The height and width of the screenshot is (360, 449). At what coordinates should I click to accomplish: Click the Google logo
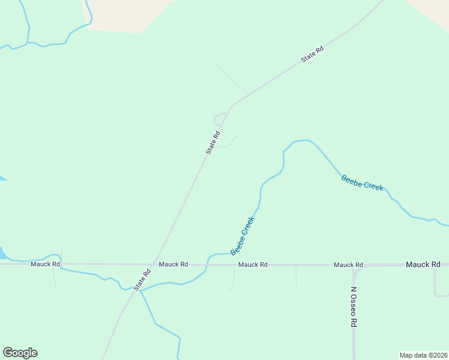(20, 353)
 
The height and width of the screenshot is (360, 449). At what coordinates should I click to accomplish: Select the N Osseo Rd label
(354, 306)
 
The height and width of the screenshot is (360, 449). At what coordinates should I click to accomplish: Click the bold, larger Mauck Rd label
(423, 264)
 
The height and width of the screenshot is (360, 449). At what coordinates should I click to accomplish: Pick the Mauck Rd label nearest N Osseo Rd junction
(348, 265)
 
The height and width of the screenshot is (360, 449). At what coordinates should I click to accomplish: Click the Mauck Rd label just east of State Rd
(173, 264)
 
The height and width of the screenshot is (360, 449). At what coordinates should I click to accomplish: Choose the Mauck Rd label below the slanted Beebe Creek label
(253, 265)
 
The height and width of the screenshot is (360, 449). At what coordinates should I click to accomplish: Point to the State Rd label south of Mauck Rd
(142, 280)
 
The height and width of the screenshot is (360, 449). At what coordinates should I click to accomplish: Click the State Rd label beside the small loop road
(213, 143)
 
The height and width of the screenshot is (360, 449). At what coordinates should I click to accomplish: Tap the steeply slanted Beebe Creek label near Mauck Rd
(243, 236)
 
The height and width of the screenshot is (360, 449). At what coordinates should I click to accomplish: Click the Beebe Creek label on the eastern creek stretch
(362, 182)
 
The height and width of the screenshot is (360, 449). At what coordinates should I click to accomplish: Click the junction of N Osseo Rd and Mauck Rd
(354, 265)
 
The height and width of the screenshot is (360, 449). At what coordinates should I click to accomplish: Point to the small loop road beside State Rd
(220, 119)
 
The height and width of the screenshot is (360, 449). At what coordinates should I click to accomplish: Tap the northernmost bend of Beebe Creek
(303, 140)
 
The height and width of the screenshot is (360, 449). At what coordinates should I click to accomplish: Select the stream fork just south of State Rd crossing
(140, 291)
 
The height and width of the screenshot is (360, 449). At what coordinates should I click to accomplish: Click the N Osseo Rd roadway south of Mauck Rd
(354, 336)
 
